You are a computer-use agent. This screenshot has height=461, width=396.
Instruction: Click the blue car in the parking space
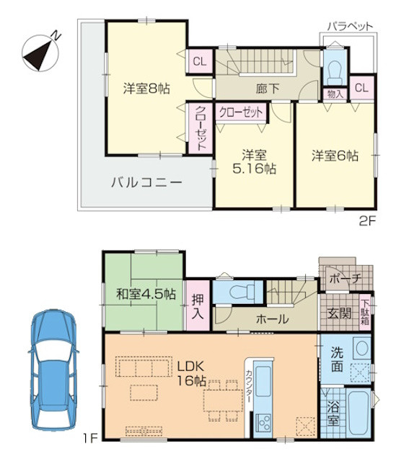53,369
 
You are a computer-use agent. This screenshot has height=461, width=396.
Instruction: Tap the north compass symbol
41,53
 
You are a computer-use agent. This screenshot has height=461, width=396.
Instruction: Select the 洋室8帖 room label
146,88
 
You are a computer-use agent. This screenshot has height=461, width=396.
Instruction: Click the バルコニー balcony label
146,182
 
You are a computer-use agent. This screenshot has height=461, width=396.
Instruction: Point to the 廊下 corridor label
267,89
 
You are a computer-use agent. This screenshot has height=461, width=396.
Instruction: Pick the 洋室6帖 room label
335,156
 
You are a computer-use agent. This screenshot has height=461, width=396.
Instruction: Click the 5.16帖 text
255,169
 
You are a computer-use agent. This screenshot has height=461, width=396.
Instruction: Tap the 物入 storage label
335,94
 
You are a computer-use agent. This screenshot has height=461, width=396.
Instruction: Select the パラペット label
350,27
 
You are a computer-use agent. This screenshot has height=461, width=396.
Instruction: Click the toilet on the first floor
242,292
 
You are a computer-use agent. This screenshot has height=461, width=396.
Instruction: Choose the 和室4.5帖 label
146,294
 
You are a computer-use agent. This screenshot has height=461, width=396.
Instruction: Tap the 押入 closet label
198,307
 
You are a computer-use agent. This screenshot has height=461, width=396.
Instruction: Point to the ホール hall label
273,319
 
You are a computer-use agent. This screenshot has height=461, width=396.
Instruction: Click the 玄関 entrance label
340,313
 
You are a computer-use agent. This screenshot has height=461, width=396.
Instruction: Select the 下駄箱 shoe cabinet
365,312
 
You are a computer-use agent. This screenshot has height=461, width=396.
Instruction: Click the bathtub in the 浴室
358,413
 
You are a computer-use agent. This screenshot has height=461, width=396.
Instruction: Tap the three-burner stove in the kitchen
263,422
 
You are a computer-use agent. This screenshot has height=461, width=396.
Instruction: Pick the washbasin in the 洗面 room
362,348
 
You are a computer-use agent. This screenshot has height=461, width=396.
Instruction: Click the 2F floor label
367,221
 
